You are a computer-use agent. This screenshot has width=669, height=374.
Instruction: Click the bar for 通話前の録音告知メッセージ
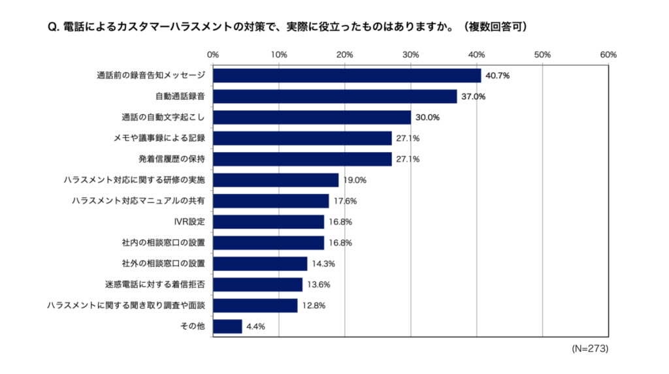pos(347,76)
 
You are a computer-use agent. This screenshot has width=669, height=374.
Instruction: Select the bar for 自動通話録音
pos(334,97)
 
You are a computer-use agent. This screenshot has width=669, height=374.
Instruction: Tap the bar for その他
pos(227,326)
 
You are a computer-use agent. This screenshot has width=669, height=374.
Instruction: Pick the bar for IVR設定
pos(269,222)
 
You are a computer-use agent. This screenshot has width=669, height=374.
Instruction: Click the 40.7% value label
pos(497,76)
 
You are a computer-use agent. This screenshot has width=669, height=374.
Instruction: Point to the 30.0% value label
pos(427,117)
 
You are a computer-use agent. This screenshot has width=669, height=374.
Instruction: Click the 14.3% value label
pos(323,264)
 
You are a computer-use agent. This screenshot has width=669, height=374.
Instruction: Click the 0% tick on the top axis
pos(213,54)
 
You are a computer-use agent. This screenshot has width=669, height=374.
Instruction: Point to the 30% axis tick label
pos(410,54)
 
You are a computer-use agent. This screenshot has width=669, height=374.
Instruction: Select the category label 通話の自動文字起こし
pos(163,117)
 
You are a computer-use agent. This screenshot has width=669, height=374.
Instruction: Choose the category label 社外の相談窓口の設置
pos(163,264)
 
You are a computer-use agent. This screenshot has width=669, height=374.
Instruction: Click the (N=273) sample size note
pos(590,349)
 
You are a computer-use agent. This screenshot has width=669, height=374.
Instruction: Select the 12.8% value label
pos(313,305)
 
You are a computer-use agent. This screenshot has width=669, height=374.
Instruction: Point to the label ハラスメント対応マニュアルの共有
pos(138,201)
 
